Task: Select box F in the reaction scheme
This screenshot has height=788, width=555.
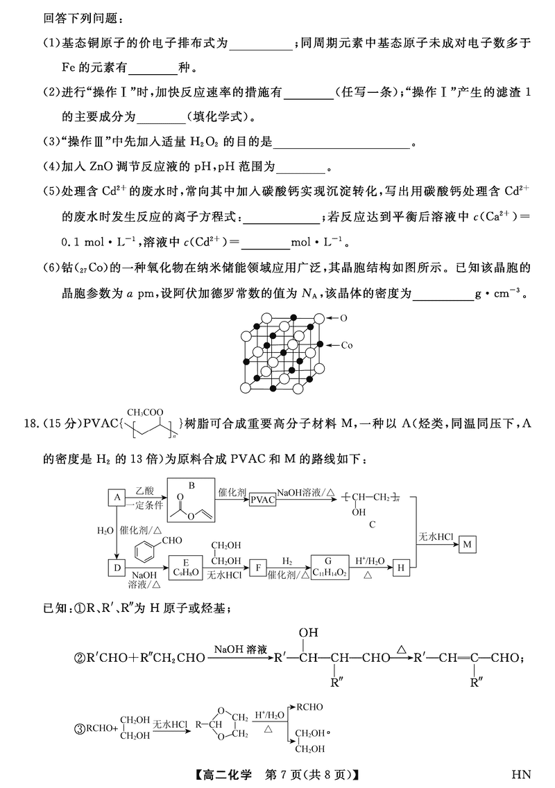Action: (x=258, y=568)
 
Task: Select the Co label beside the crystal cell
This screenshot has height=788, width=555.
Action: (x=347, y=344)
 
